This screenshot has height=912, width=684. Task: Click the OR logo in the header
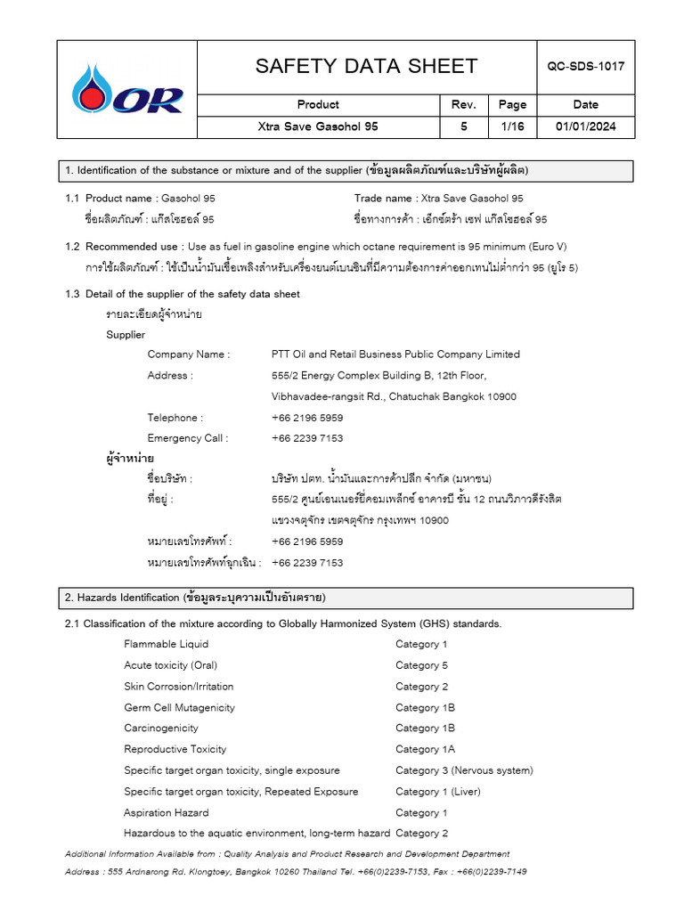click(128, 89)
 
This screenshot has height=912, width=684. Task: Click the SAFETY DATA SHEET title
click(366, 67)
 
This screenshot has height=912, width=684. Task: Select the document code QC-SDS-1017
click(585, 67)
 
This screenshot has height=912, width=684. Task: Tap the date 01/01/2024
click(585, 126)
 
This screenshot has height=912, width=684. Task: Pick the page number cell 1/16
click(512, 126)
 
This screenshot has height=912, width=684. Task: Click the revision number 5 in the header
click(463, 126)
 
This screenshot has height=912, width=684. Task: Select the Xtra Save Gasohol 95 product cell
click(318, 126)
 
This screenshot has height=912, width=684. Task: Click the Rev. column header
click(463, 104)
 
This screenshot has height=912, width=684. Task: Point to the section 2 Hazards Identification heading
click(195, 597)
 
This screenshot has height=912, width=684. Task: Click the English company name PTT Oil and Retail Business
click(395, 354)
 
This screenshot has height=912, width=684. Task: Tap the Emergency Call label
click(188, 438)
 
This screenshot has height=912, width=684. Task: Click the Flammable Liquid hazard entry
click(167, 644)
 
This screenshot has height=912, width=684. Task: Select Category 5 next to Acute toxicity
click(422, 665)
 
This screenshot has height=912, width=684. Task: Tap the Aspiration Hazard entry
click(167, 812)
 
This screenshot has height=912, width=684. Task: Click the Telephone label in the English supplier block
click(175, 418)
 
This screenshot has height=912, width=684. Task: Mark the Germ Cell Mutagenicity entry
click(180, 707)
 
